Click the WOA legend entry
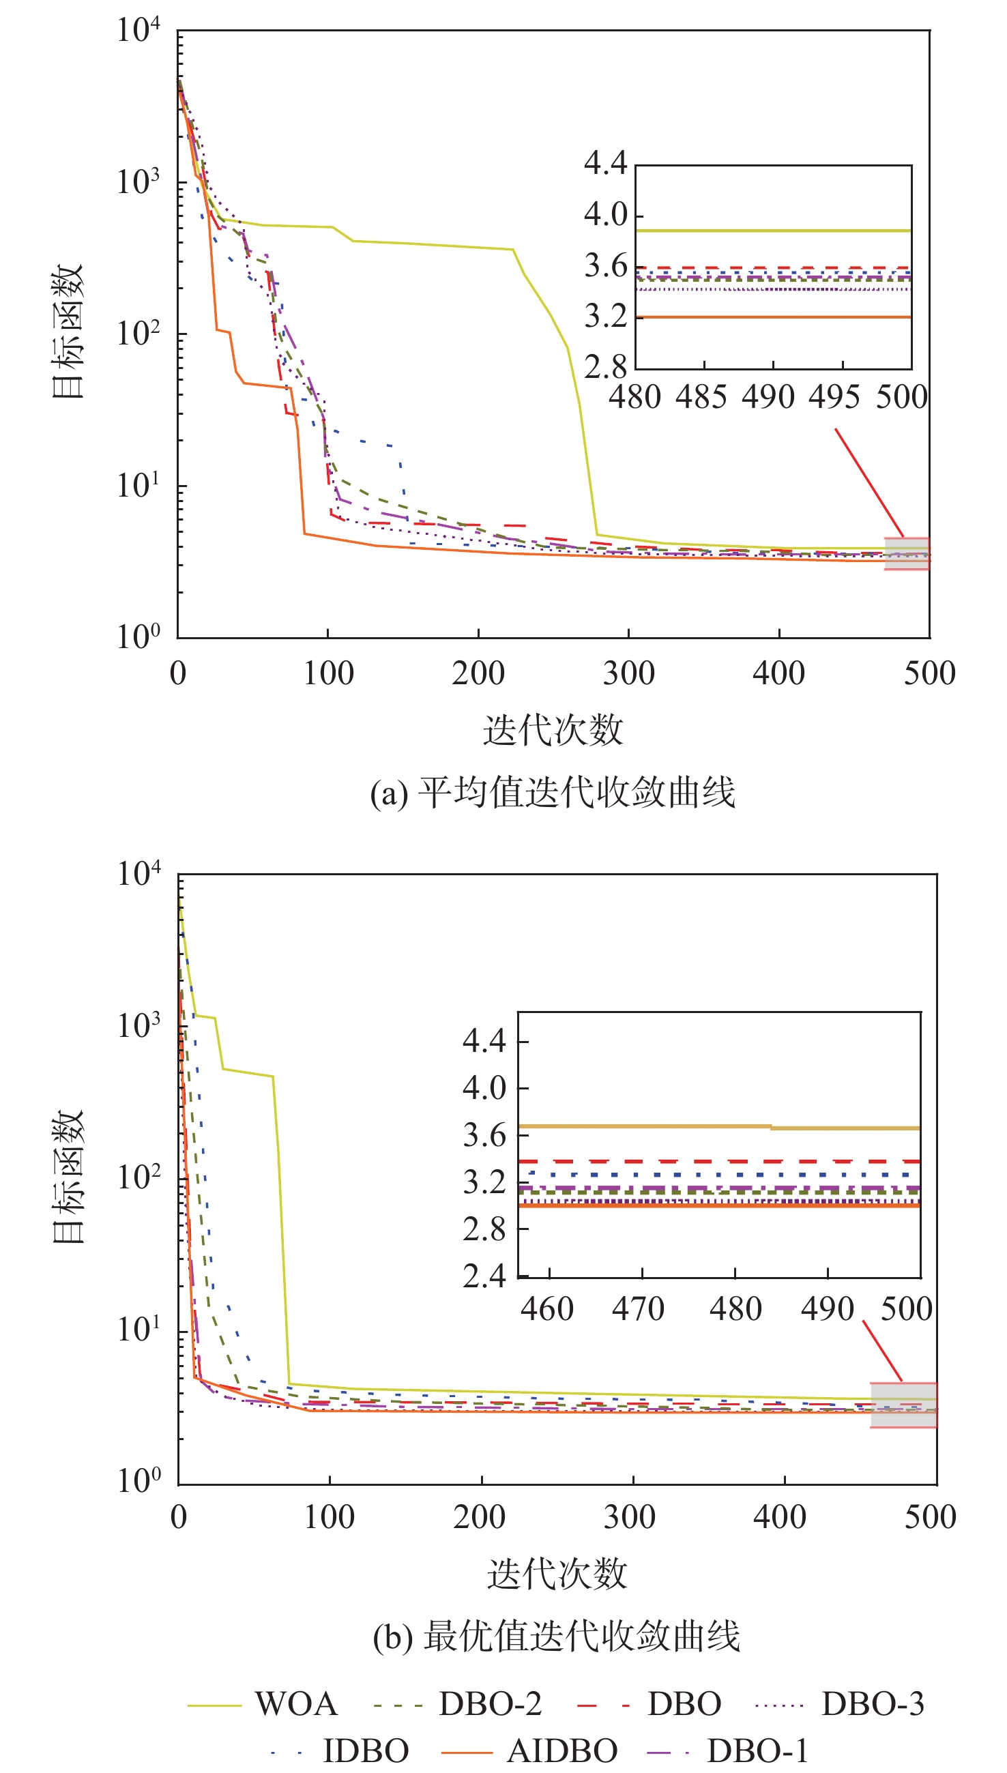pyautogui.click(x=262, y=1704)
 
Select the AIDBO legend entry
pyautogui.click(x=529, y=1751)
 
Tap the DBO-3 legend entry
pyautogui.click(x=840, y=1704)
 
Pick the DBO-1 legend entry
pyautogui.click(x=727, y=1751)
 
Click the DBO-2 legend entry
pyautogui.click(x=457, y=1704)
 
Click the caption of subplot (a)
pyautogui.click(x=553, y=793)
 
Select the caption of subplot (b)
pyautogui.click(x=556, y=1636)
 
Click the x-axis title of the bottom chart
pyautogui.click(x=557, y=1574)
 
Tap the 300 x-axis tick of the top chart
pyautogui.click(x=628, y=673)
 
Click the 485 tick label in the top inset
pyautogui.click(x=701, y=397)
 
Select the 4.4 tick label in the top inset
pyautogui.click(x=605, y=163)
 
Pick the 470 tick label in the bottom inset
pyautogui.click(x=639, y=1310)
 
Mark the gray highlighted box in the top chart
pyautogui.click(x=907, y=554)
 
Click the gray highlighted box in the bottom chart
pyautogui.click(x=904, y=1405)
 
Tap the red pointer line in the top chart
pyautogui.click(x=869, y=483)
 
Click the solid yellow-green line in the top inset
pyautogui.click(x=773, y=231)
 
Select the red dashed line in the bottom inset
pyautogui.click(x=719, y=1161)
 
